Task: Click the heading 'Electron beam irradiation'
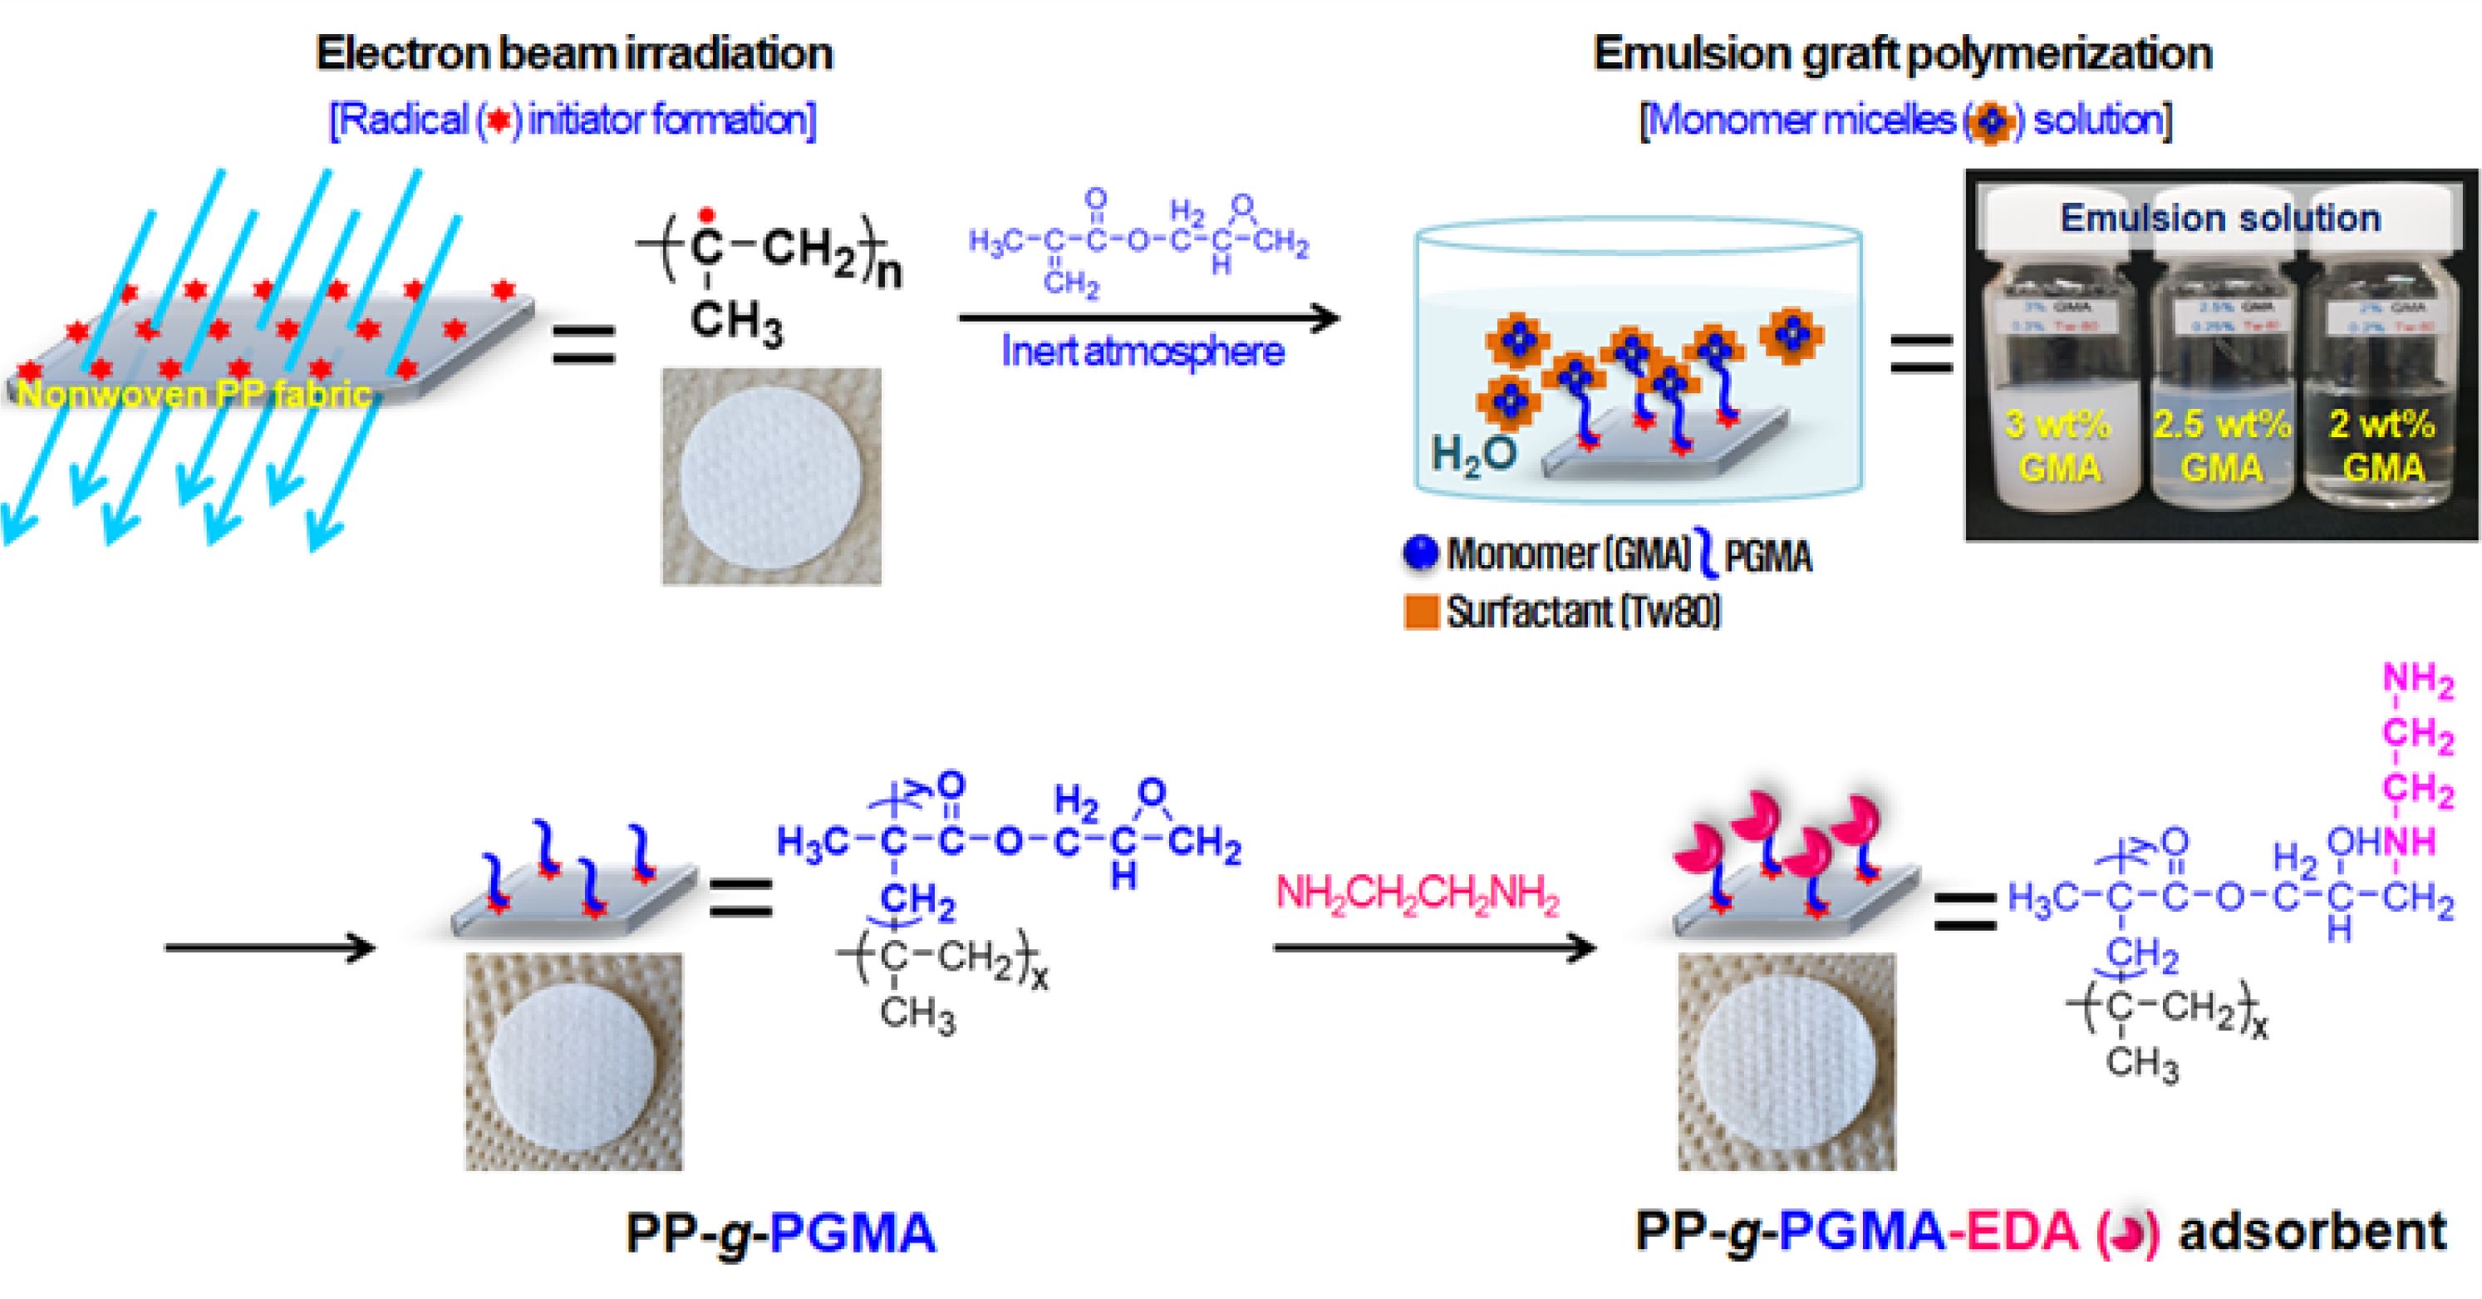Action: coord(574,54)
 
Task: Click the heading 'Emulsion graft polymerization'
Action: coord(1903,54)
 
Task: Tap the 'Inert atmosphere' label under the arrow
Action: coord(1143,352)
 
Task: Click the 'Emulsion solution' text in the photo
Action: coord(2220,219)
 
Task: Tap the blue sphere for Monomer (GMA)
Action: coord(1421,554)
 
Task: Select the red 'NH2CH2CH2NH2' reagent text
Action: coord(1417,893)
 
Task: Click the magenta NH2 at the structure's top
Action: coord(2417,681)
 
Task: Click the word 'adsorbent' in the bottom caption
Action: coord(2312,1232)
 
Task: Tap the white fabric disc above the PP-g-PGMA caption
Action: coord(574,1062)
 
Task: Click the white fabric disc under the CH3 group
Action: coord(771,476)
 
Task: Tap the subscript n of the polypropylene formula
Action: coord(889,273)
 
